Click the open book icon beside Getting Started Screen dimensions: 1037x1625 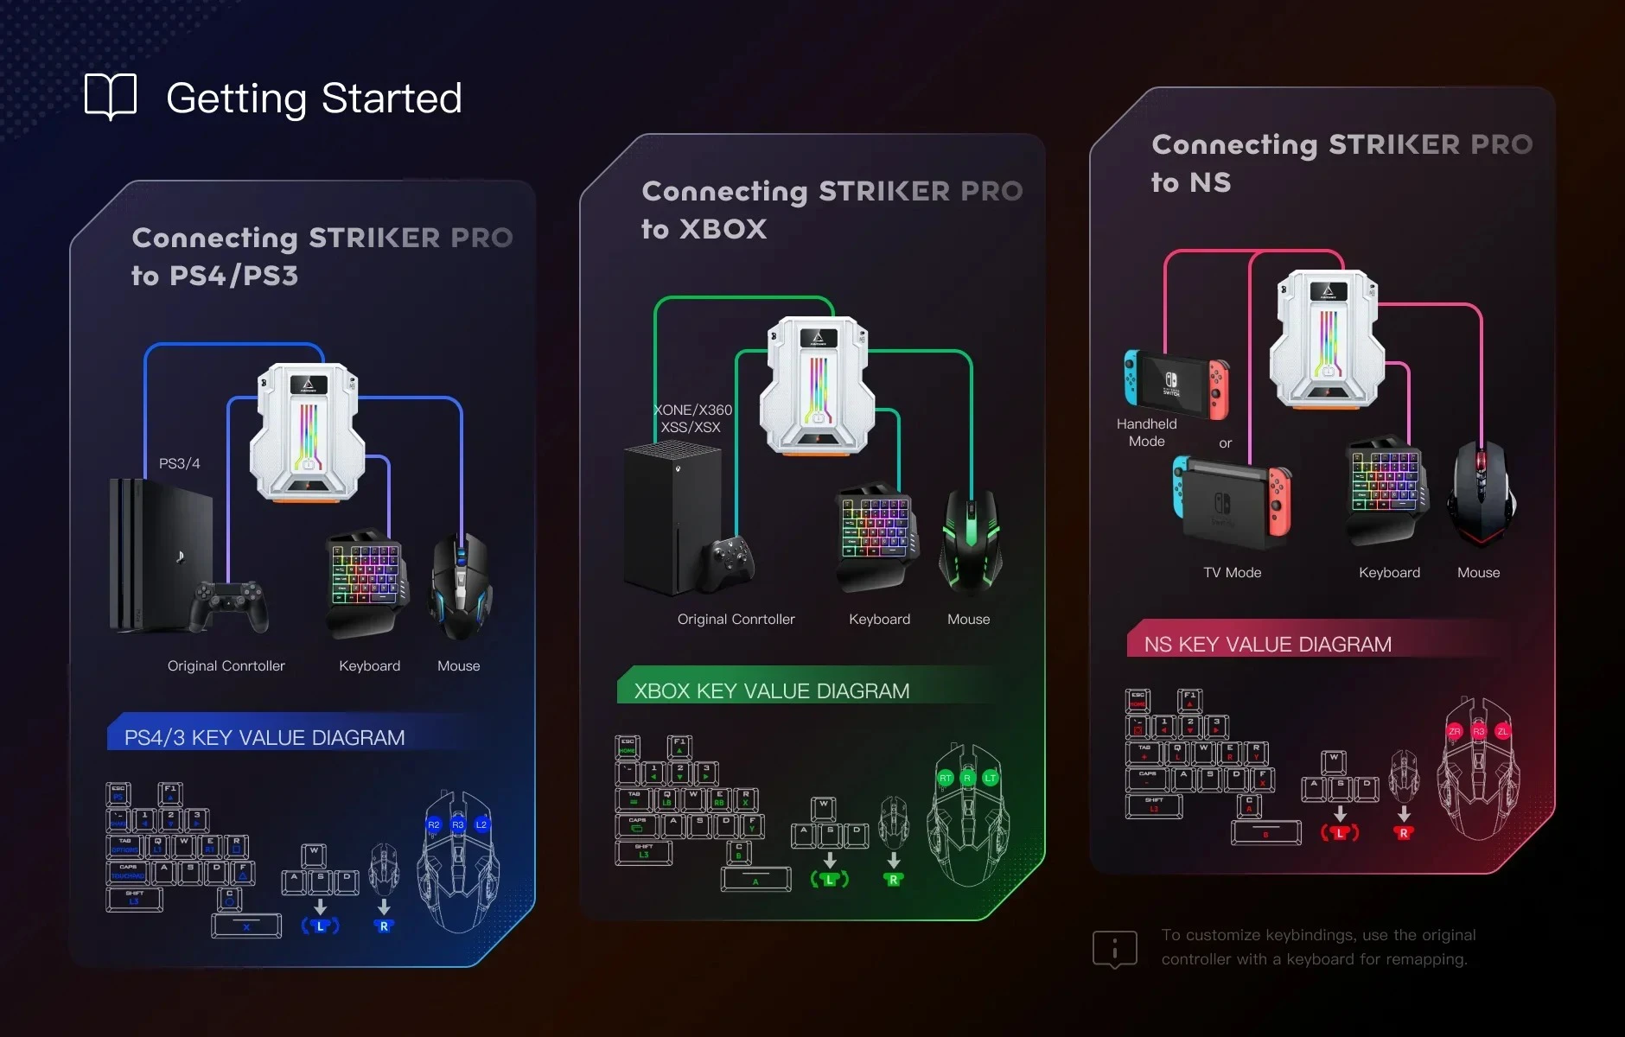(x=111, y=96)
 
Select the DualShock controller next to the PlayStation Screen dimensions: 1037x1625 (x=229, y=605)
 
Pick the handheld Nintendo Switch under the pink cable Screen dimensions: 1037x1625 (x=1176, y=384)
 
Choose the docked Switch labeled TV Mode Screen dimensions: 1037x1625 (x=1233, y=505)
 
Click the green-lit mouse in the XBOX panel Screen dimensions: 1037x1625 (x=971, y=539)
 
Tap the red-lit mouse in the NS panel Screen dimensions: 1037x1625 (x=1482, y=493)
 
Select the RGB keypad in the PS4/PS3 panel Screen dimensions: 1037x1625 (x=366, y=581)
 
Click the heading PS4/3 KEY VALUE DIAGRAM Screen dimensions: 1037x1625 (x=264, y=738)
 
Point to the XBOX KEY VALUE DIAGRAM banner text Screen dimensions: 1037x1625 (x=771, y=691)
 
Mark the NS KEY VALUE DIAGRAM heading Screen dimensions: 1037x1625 (x=1267, y=645)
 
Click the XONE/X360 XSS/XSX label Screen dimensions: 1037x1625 (x=692, y=418)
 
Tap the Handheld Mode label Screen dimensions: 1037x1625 (x=1146, y=432)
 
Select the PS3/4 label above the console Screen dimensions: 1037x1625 (x=179, y=463)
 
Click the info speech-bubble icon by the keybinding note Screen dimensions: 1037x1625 (x=1114, y=949)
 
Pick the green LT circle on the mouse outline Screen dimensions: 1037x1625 (x=991, y=778)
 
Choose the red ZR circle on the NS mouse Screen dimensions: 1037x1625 (x=1455, y=731)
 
